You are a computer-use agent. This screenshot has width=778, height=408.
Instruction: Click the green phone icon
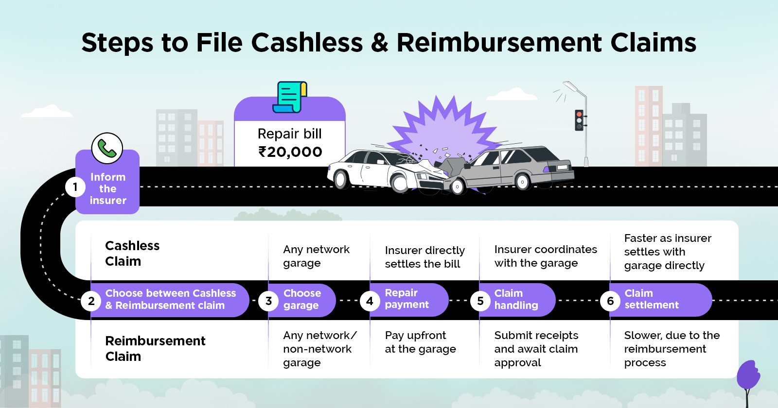click(x=107, y=148)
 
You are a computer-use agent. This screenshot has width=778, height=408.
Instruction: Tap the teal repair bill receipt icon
click(x=290, y=97)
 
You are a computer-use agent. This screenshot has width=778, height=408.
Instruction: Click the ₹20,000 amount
click(x=290, y=152)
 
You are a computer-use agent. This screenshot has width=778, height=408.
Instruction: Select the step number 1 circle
click(x=75, y=187)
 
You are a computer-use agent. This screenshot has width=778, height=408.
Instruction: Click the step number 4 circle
click(x=370, y=301)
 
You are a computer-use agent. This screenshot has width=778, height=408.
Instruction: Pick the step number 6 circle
click(x=610, y=301)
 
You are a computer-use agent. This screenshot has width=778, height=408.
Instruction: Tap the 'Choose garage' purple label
click(x=302, y=300)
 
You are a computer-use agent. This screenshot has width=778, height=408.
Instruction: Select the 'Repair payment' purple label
click(x=407, y=299)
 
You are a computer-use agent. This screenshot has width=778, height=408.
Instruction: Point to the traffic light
click(x=579, y=120)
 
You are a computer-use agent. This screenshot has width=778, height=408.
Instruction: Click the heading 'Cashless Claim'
click(x=132, y=253)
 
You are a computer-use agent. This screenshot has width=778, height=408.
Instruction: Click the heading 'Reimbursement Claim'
click(x=155, y=348)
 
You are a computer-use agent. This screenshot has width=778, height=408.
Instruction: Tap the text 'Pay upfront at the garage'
click(x=420, y=342)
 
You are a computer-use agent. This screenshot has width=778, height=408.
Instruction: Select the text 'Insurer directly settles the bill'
click(x=424, y=257)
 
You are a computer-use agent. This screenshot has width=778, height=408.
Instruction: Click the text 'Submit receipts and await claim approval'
click(x=536, y=349)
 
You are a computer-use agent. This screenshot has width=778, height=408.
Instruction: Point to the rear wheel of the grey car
click(x=523, y=182)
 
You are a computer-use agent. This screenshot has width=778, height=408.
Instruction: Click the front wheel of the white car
click(x=400, y=184)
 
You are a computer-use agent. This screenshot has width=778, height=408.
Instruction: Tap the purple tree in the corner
click(x=748, y=376)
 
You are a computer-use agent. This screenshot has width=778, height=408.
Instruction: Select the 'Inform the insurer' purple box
click(x=108, y=188)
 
